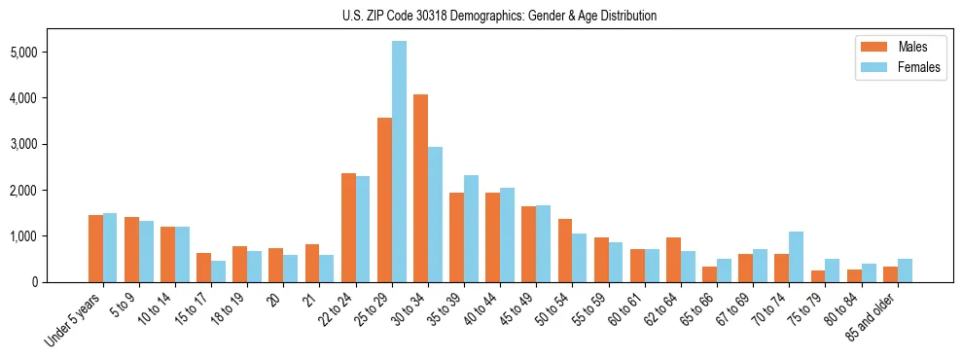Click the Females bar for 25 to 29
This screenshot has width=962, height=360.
click(x=399, y=162)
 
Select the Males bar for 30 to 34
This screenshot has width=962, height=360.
click(x=420, y=188)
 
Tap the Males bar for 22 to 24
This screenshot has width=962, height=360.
click(x=348, y=228)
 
